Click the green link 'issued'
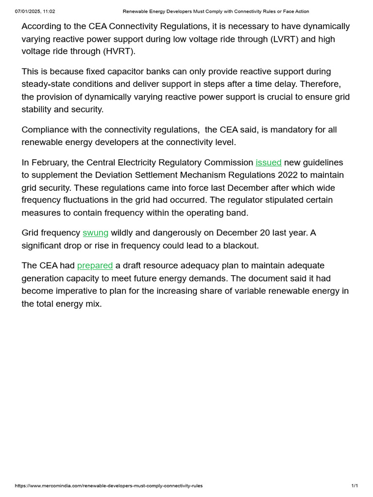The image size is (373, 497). tap(269, 162)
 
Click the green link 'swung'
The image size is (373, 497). tap(96, 233)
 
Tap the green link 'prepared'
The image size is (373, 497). tap(95, 265)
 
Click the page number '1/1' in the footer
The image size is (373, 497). tap(355, 486)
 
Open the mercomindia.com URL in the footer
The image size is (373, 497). tap(109, 486)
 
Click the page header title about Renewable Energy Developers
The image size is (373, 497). tap(216, 11)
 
